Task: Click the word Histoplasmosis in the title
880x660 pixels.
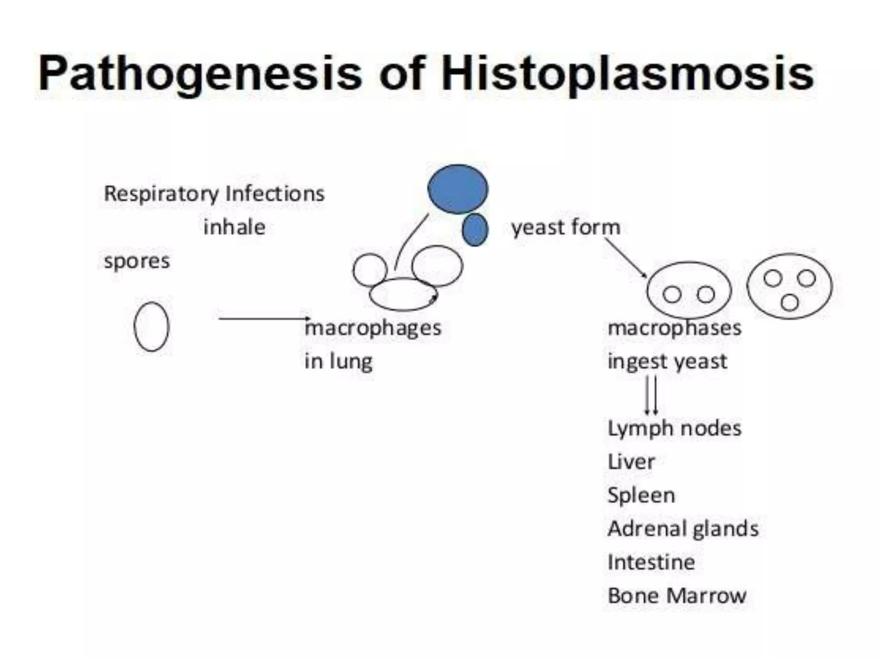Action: [627, 74]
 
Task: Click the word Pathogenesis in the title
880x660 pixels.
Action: [200, 74]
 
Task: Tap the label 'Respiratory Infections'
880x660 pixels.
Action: [214, 194]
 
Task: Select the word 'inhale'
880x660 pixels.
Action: [234, 227]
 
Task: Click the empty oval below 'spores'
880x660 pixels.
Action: [152, 327]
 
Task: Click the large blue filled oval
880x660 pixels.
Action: [458, 189]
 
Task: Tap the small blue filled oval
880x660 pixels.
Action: [475, 230]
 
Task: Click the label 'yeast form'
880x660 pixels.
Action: [565, 227]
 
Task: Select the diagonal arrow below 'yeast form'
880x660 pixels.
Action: [625, 258]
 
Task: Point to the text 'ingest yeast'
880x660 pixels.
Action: [667, 361]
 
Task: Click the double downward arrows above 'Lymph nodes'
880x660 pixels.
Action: [651, 395]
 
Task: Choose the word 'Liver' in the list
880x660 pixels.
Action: [631, 462]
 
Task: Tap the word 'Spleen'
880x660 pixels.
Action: [641, 495]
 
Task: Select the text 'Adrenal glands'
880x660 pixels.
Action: [683, 529]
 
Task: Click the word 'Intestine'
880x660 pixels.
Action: [651, 562]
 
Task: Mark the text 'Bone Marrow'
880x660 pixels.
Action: [677, 596]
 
